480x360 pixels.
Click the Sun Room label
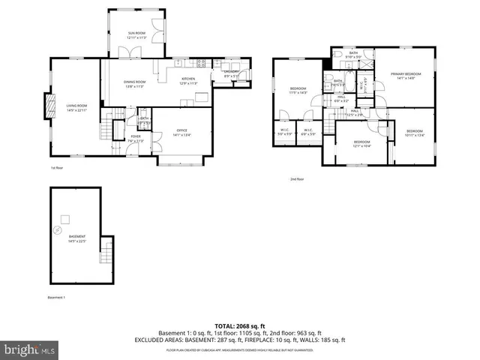point(136,34)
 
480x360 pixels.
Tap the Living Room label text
point(77,108)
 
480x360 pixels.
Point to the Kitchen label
point(188,80)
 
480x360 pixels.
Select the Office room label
point(181,132)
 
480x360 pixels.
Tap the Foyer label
point(136,138)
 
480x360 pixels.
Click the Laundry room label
point(232,73)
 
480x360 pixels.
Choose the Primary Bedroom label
point(406,76)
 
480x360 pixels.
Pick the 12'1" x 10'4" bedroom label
point(361,143)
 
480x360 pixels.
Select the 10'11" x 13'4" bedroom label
point(415,133)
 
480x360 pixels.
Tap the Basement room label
point(77,238)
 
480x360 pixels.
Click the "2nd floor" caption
point(297,179)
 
